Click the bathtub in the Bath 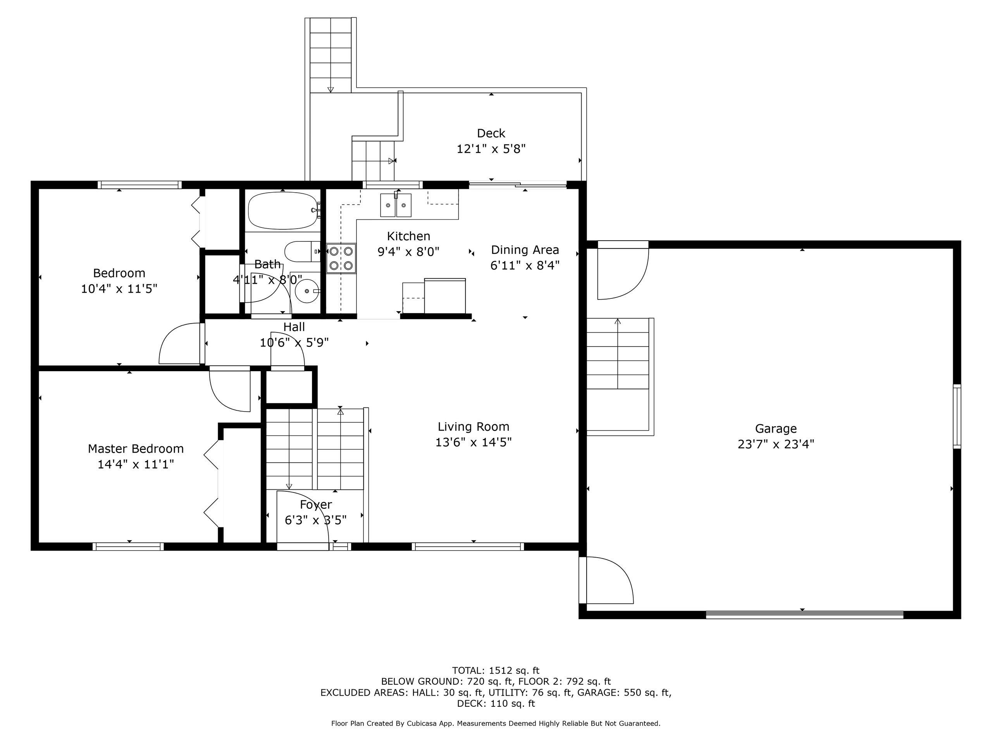[x=283, y=210]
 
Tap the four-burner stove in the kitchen [x=341, y=258]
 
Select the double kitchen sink [x=396, y=205]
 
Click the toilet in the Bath [x=302, y=251]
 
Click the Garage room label [x=776, y=429]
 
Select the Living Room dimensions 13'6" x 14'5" [x=474, y=442]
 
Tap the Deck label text [x=491, y=133]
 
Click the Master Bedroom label [x=136, y=448]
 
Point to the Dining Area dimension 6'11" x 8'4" [x=525, y=265]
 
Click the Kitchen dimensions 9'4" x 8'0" [x=408, y=251]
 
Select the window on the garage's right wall [x=957, y=416]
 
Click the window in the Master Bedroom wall [x=128, y=546]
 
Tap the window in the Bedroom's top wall [x=140, y=185]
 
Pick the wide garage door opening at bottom [x=804, y=615]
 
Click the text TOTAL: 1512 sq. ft [x=496, y=670]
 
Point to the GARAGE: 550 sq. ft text [x=624, y=692]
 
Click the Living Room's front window [x=468, y=546]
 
